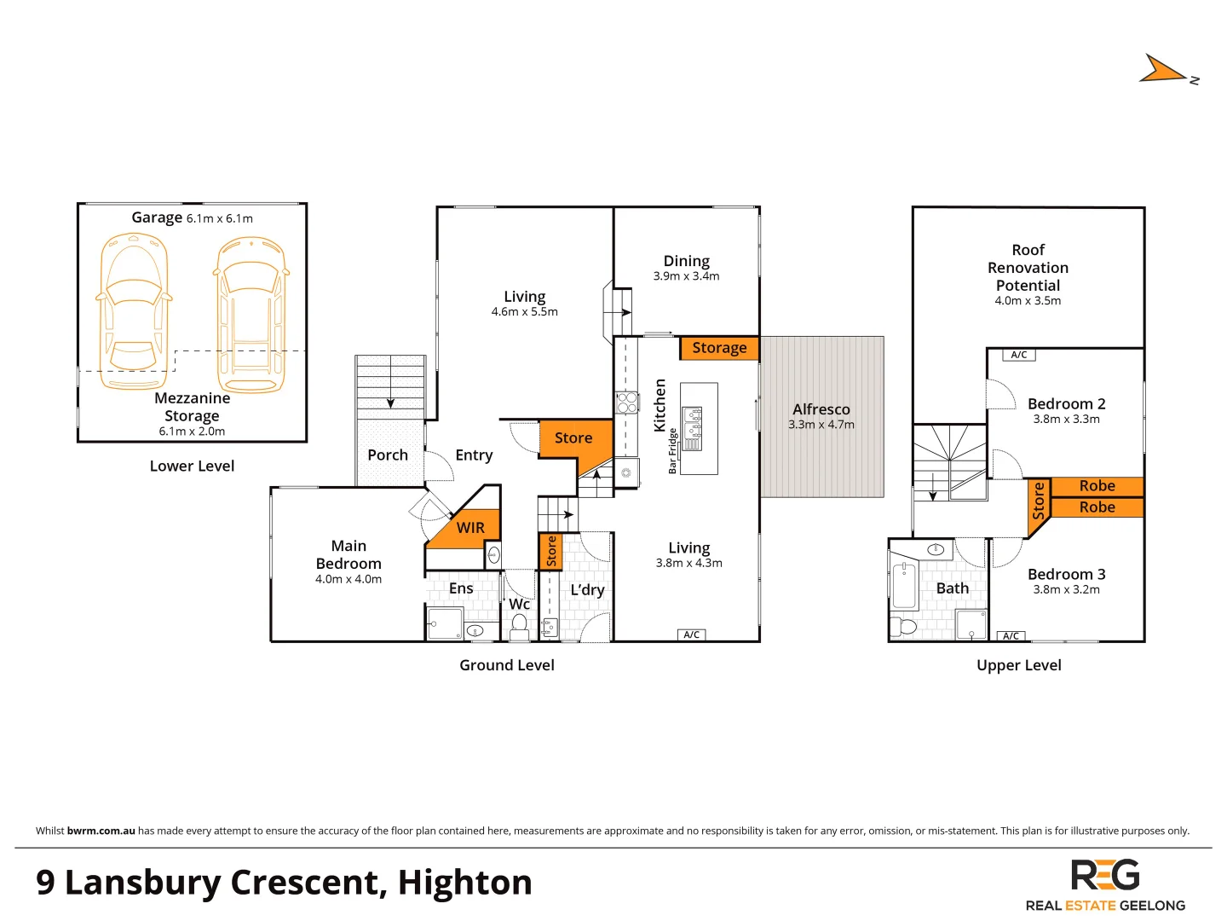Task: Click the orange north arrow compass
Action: pos(1163,70)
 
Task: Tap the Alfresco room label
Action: pos(821,409)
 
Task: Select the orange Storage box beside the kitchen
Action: pos(719,348)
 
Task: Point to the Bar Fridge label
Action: pos(672,451)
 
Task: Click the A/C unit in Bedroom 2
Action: pos(1019,355)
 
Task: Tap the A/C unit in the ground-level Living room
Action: pos(692,634)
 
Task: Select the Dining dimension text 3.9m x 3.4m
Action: pos(686,276)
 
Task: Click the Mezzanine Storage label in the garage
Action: pos(192,407)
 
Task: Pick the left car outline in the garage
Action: pos(133,312)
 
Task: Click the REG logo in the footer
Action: pos(1105,876)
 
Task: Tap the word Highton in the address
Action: pos(464,883)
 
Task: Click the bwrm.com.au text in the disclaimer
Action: pos(101,831)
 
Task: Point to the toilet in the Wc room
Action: pos(519,627)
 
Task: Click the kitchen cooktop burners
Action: pos(627,403)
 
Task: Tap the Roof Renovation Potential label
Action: pos(1028,268)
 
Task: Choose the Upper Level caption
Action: pos(1018,665)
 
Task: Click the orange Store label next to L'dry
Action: pos(550,551)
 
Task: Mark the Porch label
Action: pos(388,455)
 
